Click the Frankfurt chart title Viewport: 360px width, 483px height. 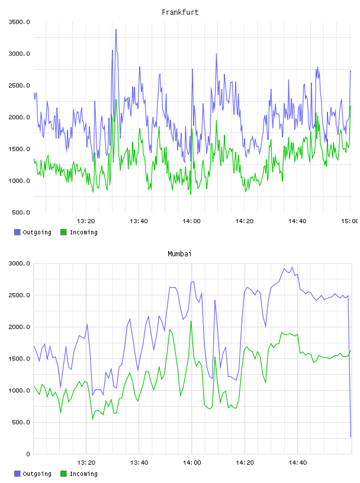coord(180,12)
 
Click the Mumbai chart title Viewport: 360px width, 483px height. coord(179,254)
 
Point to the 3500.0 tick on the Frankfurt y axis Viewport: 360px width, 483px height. coord(20,22)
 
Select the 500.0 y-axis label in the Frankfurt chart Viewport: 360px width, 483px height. coord(21,212)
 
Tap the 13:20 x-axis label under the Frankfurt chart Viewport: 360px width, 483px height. coord(86,221)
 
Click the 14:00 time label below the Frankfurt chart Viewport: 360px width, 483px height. coord(191,221)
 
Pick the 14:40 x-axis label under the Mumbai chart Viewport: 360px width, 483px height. coord(298,463)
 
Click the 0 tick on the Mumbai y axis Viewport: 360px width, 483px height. coord(28,454)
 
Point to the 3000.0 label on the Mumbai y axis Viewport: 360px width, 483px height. coord(20,263)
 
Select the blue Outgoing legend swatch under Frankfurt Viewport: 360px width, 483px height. coord(17,232)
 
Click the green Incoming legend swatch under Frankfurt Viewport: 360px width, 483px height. coord(63,232)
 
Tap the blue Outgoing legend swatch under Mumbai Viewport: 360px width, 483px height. coord(17,474)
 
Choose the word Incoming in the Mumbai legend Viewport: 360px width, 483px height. coord(84,474)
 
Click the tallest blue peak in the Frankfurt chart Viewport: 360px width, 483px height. coord(116,30)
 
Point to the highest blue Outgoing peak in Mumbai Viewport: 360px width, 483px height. coord(292,268)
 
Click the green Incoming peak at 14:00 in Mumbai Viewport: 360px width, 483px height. coord(191,321)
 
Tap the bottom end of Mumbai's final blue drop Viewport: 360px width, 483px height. coord(351,437)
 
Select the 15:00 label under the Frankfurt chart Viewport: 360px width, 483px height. coord(349,221)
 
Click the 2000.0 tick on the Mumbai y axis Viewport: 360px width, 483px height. coord(20,327)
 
